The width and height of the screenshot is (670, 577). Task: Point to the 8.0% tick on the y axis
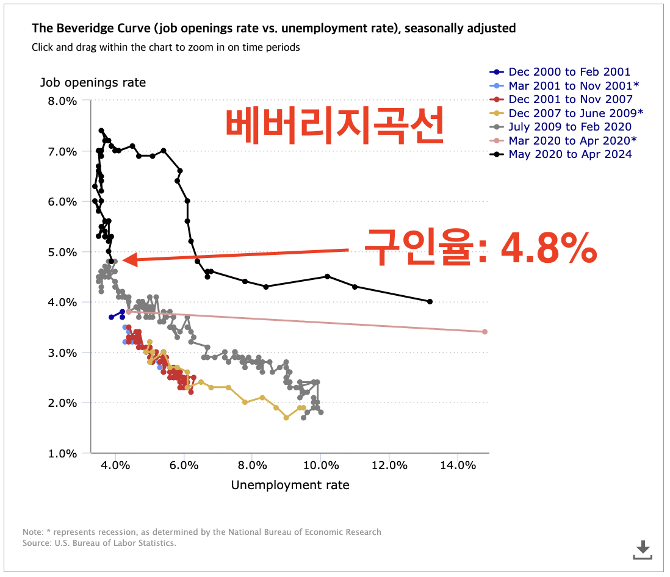[62, 101]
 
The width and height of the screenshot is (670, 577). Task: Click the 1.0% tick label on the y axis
[62, 453]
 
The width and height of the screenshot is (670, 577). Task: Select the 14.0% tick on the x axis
[457, 465]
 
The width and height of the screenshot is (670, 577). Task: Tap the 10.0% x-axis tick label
[320, 465]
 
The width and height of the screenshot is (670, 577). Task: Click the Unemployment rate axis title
[290, 486]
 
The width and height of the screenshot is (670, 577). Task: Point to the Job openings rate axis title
[93, 82]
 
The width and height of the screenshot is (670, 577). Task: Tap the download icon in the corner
[643, 549]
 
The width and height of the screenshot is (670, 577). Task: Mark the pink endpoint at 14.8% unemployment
[484, 332]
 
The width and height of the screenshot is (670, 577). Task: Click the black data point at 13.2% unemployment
[430, 301]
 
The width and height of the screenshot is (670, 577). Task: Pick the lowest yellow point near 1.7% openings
[286, 418]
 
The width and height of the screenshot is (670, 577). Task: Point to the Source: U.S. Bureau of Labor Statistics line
[99, 543]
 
